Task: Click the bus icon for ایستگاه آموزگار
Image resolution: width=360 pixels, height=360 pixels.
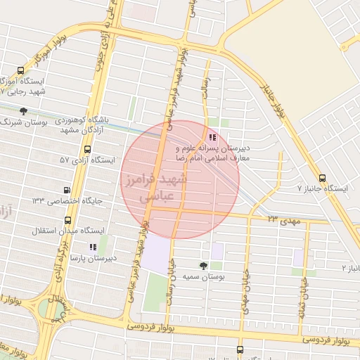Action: tap(20, 71)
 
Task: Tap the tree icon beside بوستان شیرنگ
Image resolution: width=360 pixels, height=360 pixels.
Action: tap(23, 110)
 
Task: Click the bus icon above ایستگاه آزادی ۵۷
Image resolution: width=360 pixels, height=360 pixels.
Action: tap(87, 149)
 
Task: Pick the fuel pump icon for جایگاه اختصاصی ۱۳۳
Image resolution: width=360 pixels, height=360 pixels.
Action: tap(67, 190)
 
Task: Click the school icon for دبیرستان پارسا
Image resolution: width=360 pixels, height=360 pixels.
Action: tap(92, 247)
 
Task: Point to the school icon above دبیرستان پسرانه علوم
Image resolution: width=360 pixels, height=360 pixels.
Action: tap(213, 137)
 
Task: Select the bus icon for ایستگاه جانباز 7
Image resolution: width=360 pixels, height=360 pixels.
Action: tap(322, 178)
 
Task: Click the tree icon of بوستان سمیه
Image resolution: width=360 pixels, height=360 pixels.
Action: tap(203, 266)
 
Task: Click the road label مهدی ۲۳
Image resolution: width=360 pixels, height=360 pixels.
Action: tap(283, 221)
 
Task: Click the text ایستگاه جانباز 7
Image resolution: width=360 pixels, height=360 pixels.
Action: tap(323, 188)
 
